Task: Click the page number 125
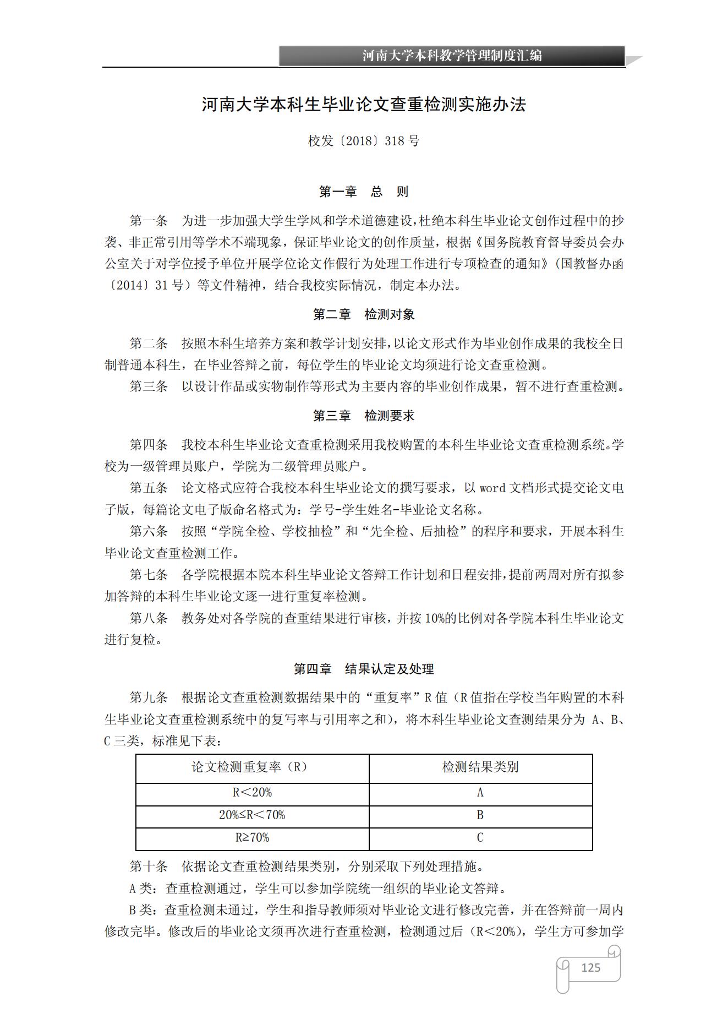pos(590,967)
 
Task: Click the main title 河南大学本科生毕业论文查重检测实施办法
pos(364,104)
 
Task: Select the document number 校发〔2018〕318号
pos(364,141)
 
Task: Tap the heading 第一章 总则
pos(364,192)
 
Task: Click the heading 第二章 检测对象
pos(364,314)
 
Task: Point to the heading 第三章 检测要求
pos(364,416)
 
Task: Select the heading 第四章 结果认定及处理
pos(364,669)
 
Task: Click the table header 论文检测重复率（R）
pos(252,767)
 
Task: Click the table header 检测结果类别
pos(480,767)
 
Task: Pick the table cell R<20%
pos(252,792)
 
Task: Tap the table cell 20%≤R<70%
pos(252,815)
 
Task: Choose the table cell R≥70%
pos(252,837)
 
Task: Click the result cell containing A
pos(480,792)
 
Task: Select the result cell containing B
pos(480,815)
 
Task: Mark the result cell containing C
pos(480,837)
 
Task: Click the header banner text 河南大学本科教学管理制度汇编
pos(452,56)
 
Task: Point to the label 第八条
pos(149,618)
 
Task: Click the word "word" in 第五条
pos(492,488)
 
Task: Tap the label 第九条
pos(149,697)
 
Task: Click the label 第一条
pos(149,221)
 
